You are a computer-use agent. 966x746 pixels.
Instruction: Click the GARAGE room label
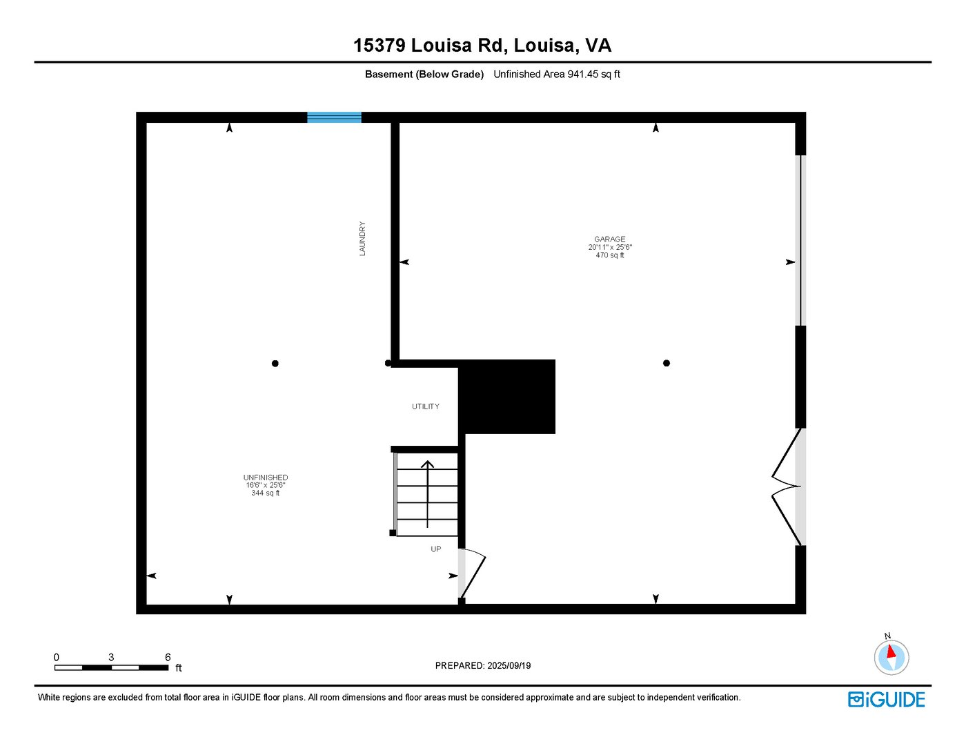(x=610, y=239)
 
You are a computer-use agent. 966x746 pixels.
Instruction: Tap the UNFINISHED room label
(x=266, y=478)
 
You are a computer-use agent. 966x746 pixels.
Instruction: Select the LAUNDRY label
(x=362, y=239)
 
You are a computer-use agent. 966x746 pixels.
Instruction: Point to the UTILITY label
(x=426, y=406)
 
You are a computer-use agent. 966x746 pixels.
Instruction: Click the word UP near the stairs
(x=436, y=549)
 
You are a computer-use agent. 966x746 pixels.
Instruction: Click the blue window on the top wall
(x=334, y=117)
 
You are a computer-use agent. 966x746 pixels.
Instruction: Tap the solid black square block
(x=507, y=396)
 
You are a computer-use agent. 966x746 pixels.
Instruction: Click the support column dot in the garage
(x=667, y=363)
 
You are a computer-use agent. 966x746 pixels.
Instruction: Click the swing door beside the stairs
(x=473, y=573)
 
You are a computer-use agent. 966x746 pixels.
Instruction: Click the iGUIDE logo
(x=887, y=700)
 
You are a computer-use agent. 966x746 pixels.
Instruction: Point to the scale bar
(x=111, y=667)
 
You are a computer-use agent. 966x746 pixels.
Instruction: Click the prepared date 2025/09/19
(x=509, y=666)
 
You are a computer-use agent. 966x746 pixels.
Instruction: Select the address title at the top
(x=482, y=46)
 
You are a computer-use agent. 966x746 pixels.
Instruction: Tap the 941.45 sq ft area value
(x=593, y=75)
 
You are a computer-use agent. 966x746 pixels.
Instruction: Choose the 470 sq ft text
(x=610, y=255)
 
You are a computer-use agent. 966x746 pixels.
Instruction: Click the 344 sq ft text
(x=266, y=493)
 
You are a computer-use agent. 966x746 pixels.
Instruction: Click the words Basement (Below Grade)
(x=424, y=75)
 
